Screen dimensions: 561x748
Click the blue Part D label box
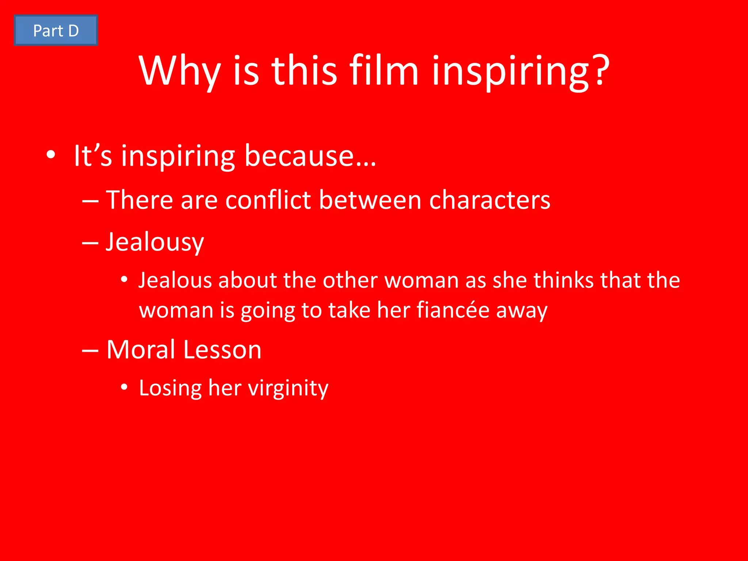click(56, 31)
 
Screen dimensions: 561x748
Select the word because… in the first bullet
click(310, 156)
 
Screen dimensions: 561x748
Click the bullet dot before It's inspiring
click(51, 154)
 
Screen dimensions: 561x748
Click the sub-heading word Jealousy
click(155, 243)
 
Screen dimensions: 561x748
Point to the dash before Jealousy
click(90, 243)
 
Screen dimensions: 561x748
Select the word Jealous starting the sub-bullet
click(175, 280)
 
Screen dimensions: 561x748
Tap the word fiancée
click(453, 310)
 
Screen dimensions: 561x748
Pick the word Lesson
click(222, 350)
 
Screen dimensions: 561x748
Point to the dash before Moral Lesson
click(90, 351)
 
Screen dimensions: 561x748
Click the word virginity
click(288, 388)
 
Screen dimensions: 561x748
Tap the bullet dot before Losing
click(124, 387)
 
